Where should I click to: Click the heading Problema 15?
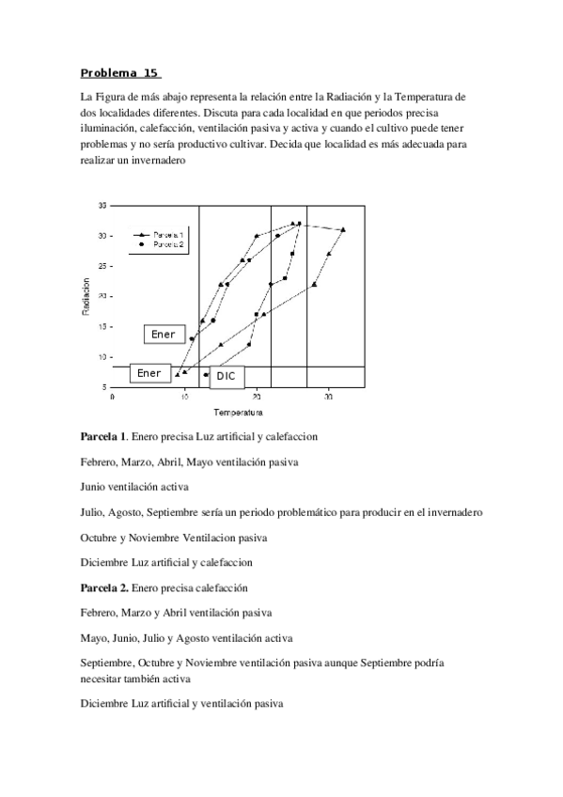click(120, 72)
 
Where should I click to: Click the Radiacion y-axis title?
click(86, 296)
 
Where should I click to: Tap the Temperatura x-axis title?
click(237, 412)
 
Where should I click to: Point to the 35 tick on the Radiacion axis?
click(102, 205)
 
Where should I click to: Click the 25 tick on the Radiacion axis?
click(102, 266)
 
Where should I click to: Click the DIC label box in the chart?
click(226, 376)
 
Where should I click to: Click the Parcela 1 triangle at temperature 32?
click(343, 229)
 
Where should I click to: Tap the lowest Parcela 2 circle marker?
click(206, 375)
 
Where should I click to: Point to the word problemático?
click(317, 512)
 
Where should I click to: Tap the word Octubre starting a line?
click(102, 538)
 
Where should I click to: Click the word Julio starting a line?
click(92, 512)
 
